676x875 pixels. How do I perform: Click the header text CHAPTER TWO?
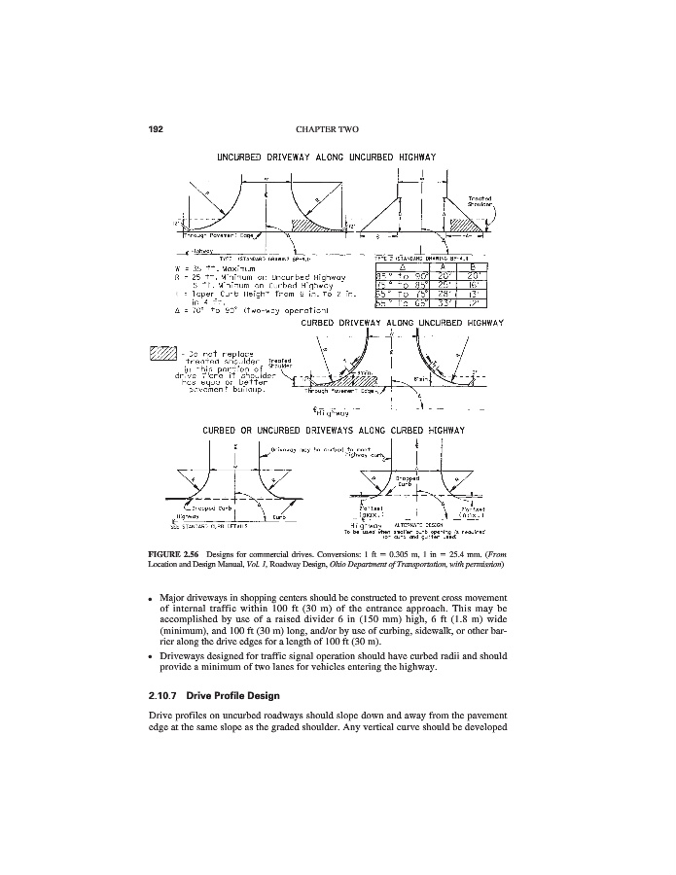click(337, 128)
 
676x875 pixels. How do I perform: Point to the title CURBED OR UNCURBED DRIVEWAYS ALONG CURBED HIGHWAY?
click(334, 429)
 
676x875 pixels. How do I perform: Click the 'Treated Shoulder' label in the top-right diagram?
click(481, 201)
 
